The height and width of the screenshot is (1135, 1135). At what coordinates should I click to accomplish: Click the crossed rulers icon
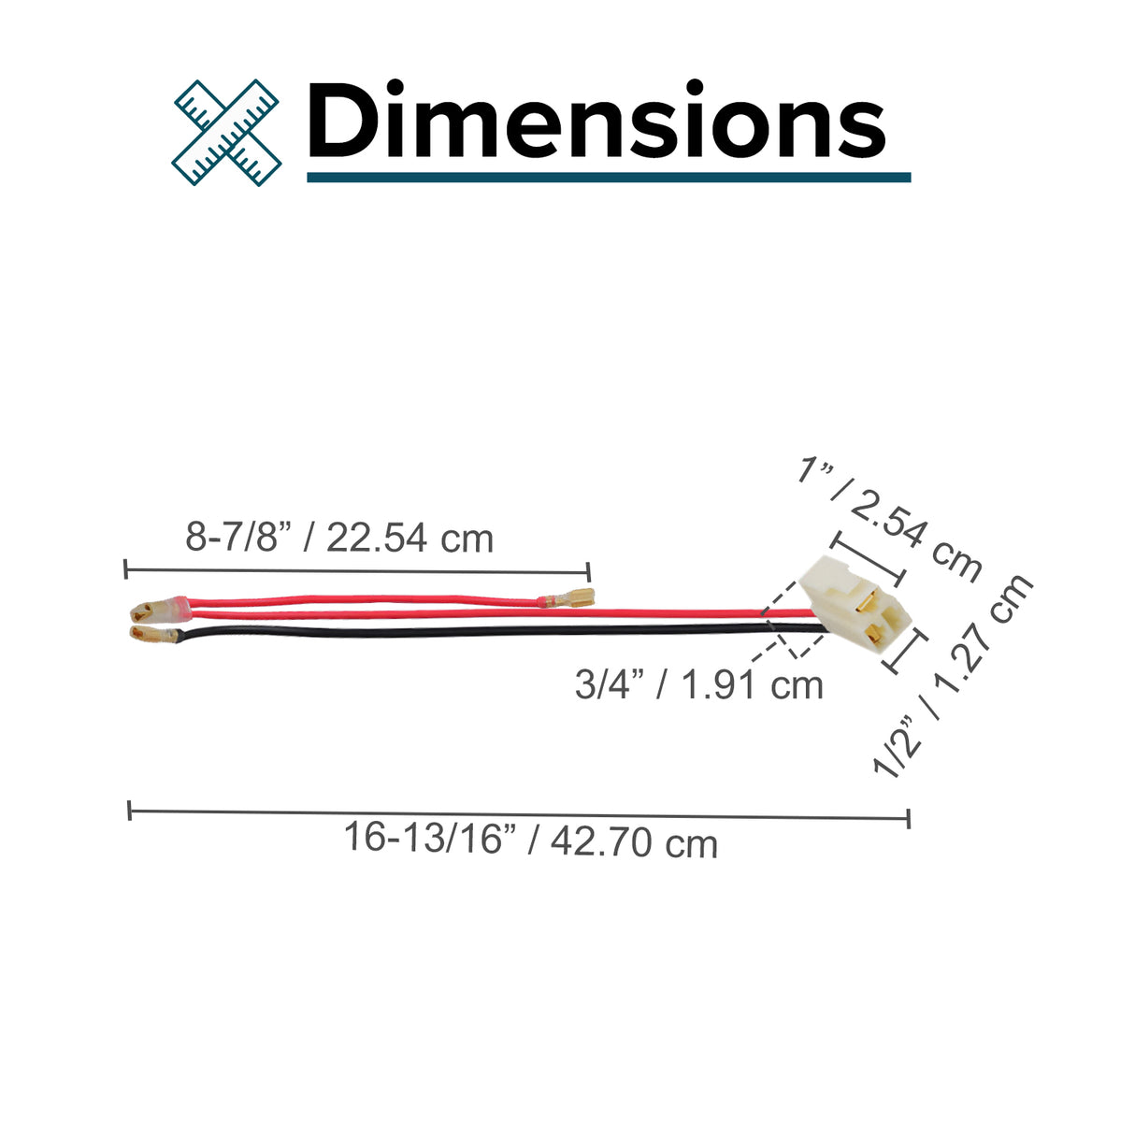pos(226,133)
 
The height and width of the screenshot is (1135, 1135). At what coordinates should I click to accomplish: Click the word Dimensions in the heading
pos(596,120)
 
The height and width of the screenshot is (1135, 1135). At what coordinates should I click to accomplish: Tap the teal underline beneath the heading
pos(609,178)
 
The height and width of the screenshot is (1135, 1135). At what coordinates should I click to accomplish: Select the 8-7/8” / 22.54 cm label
pos(339,538)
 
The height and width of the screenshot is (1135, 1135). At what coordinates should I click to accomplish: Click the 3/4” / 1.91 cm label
pos(699,685)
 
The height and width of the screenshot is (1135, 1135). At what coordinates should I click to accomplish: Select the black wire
pos(500,631)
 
